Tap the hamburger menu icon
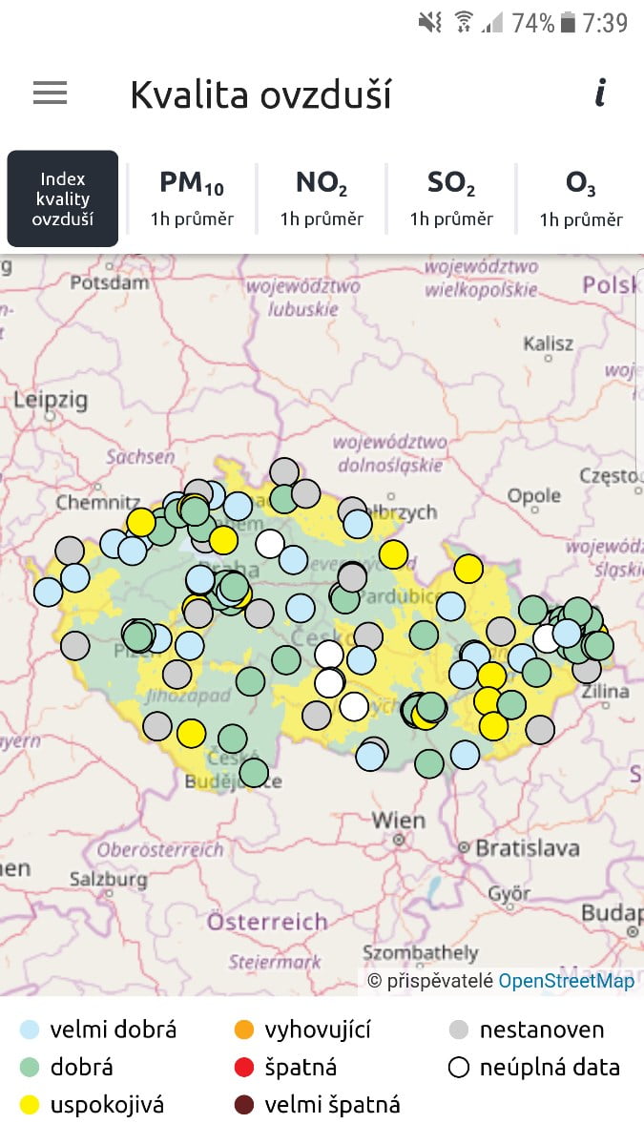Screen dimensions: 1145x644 coord(50,93)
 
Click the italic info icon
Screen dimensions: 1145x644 coord(600,93)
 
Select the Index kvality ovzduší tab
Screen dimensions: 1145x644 coord(63,198)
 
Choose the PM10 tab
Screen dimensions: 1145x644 coord(192,198)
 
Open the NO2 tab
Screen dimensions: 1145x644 coord(322,198)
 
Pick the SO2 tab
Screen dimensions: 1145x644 coord(451,198)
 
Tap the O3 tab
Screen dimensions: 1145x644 coord(580,198)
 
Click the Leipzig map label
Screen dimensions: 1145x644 coord(50,399)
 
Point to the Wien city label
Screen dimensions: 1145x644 coord(398,820)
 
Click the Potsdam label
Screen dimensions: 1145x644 coord(110,282)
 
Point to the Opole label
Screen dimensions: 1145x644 coord(533,496)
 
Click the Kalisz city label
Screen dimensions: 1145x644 coord(548,343)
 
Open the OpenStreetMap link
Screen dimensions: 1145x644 coord(566,981)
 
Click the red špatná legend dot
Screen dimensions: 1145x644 coord(244,1068)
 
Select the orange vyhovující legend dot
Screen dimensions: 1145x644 coord(244,1030)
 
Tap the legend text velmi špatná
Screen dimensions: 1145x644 coord(332,1105)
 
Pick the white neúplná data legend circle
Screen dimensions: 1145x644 coord(459,1068)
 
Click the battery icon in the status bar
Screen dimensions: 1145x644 coord(569,22)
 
